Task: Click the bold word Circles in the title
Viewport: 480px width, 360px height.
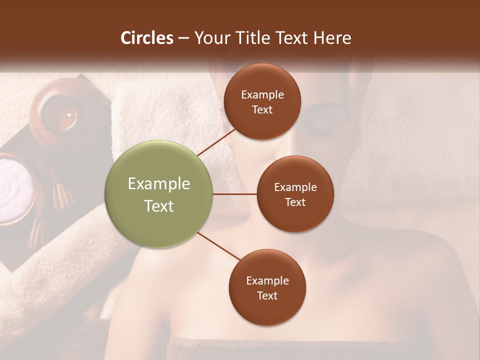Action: click(147, 38)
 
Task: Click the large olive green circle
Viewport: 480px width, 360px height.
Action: click(159, 194)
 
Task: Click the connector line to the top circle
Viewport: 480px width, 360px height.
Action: click(216, 141)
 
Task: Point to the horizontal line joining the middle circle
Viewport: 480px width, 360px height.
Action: click(235, 194)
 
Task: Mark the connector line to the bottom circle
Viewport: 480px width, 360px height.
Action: click(219, 246)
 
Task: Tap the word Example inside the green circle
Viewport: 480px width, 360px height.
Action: click(159, 184)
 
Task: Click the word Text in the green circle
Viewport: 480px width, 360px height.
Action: click(159, 206)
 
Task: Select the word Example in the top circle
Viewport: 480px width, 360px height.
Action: click(262, 95)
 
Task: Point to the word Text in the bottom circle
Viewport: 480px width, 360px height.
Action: click(267, 295)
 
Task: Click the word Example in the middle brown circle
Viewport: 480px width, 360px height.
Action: click(295, 187)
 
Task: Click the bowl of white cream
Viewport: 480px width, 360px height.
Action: click(12, 187)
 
